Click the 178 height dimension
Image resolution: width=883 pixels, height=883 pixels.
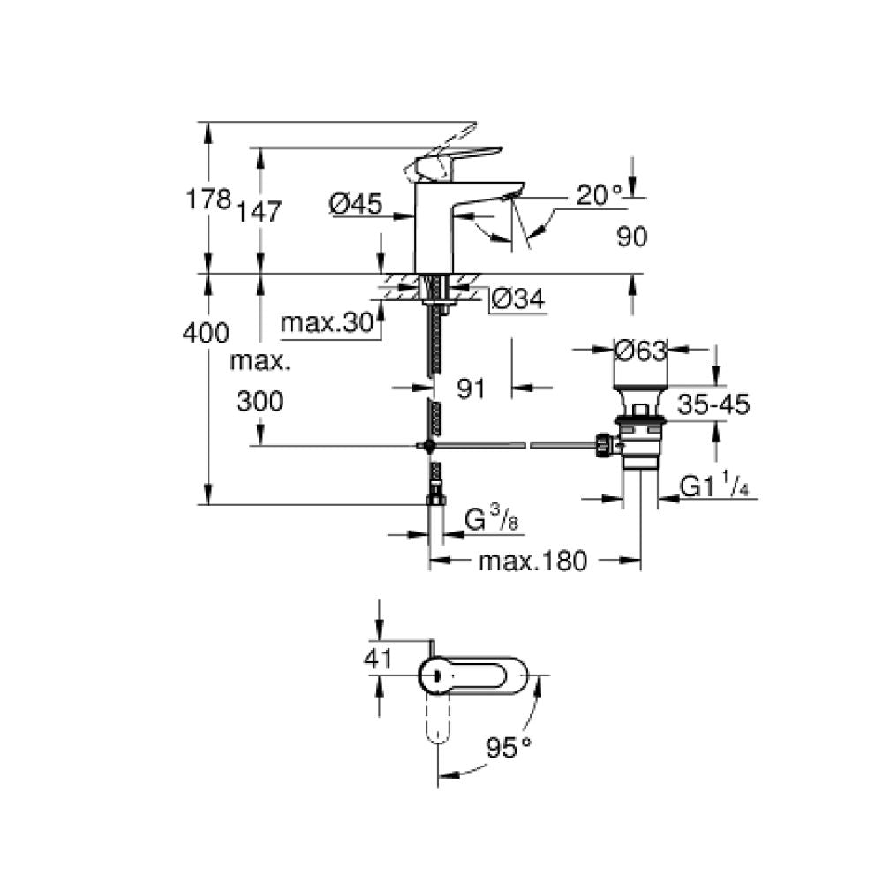[x=208, y=199]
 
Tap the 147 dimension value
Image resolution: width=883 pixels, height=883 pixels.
[x=259, y=212]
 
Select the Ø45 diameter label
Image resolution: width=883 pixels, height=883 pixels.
[x=356, y=203]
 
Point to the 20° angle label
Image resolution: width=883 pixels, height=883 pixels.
[x=600, y=195]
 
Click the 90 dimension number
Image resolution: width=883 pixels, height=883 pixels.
[x=632, y=237]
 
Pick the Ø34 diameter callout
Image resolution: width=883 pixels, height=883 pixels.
[x=518, y=298]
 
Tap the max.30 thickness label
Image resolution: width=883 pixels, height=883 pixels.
[x=328, y=322]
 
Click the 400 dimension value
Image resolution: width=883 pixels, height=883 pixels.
[x=206, y=333]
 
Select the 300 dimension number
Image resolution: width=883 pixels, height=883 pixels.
[x=260, y=402]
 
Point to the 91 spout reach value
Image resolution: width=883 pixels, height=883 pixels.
[x=471, y=389]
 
